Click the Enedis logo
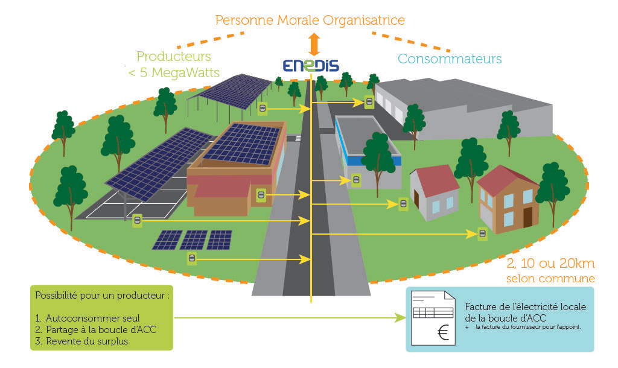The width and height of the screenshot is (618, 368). tap(311, 66)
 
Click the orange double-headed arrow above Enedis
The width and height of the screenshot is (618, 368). tap(312, 44)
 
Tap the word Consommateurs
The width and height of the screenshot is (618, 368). tap(450, 59)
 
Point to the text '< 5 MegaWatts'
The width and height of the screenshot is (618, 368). tap(174, 73)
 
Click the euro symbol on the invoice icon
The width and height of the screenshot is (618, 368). tap(444, 333)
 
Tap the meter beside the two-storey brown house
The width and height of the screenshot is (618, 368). tap(482, 233)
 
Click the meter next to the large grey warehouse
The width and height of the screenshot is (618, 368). tap(369, 102)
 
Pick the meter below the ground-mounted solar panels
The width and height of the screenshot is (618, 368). tap(191, 259)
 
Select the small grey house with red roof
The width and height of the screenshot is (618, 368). tap(434, 192)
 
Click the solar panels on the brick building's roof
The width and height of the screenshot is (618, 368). tap(241, 144)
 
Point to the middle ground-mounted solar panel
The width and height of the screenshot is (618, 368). tap(194, 240)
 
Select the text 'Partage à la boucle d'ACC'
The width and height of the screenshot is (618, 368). tap(101, 329)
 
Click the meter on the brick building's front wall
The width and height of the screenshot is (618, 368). tap(261, 194)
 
